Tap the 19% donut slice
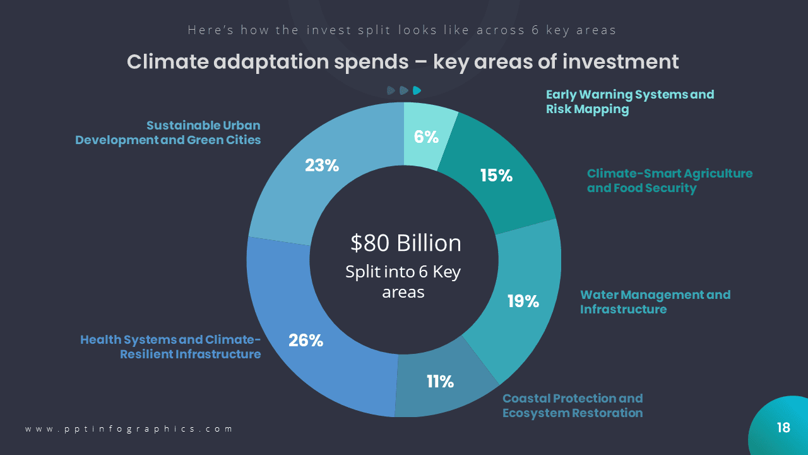(523, 301)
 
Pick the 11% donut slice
(440, 382)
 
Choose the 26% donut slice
(306, 340)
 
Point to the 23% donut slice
(322, 166)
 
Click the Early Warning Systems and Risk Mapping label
(629, 102)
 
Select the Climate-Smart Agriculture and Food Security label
(669, 181)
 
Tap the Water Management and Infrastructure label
(655, 302)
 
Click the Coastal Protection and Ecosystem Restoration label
(572, 406)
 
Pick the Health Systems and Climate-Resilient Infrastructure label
(170, 347)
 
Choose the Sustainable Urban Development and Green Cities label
(168, 133)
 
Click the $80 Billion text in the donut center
(406, 243)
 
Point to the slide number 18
(783, 428)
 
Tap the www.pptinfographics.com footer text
(129, 428)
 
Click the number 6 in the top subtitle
(535, 30)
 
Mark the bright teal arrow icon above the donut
(417, 90)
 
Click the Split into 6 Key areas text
(403, 282)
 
